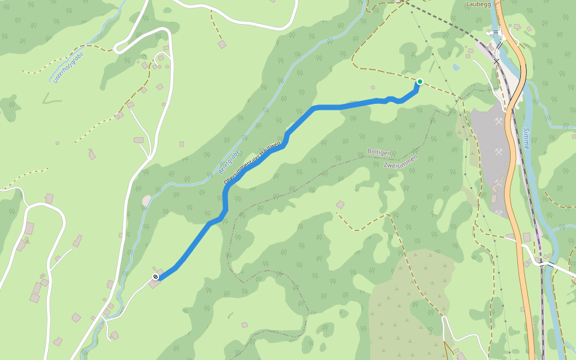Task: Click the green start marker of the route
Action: click(420, 82)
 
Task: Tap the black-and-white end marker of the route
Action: click(156, 277)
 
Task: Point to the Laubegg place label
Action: click(478, 4)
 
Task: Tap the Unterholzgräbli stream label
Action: click(68, 67)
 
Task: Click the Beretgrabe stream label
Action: click(230, 161)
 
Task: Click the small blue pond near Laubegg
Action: click(456, 67)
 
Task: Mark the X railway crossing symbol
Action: click(497, 61)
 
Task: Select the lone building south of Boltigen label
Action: click(340, 205)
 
